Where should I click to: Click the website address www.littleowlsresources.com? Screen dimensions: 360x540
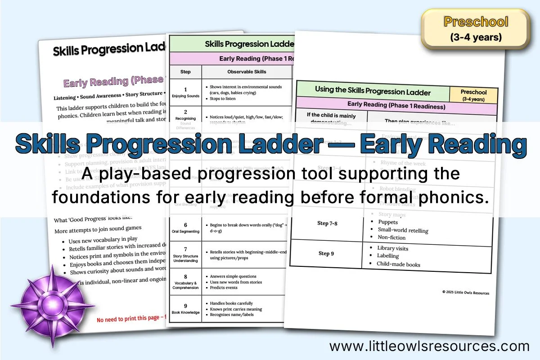click(x=429, y=346)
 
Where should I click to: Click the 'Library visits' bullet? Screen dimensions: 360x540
click(x=393, y=248)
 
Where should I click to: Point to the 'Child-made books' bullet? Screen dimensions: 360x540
click(x=399, y=264)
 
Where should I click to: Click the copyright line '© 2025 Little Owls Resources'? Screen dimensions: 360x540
click(x=465, y=293)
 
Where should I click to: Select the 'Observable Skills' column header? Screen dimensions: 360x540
click(x=247, y=72)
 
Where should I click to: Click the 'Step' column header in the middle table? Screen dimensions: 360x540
click(x=185, y=72)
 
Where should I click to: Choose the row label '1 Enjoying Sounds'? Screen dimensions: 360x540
click(x=185, y=92)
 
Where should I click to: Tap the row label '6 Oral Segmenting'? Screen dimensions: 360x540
click(x=185, y=228)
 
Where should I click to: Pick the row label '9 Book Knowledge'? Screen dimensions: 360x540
click(x=185, y=309)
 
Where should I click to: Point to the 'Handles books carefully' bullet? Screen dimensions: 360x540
click(x=231, y=303)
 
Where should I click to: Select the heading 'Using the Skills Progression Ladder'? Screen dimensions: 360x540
click(x=373, y=90)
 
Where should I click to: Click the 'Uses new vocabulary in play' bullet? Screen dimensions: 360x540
click(x=103, y=239)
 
